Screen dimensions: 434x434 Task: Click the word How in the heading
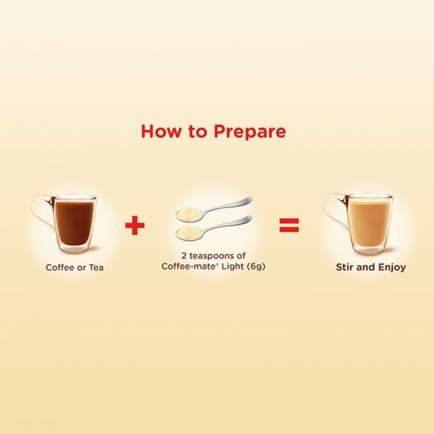coord(159,132)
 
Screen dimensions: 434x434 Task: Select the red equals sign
coord(288,226)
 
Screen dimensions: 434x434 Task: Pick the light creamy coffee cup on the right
coord(368,226)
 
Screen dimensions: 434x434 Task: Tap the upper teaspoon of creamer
coord(209,208)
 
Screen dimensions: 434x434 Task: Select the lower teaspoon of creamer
coord(209,227)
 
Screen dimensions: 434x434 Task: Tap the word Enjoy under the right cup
coord(388,268)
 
